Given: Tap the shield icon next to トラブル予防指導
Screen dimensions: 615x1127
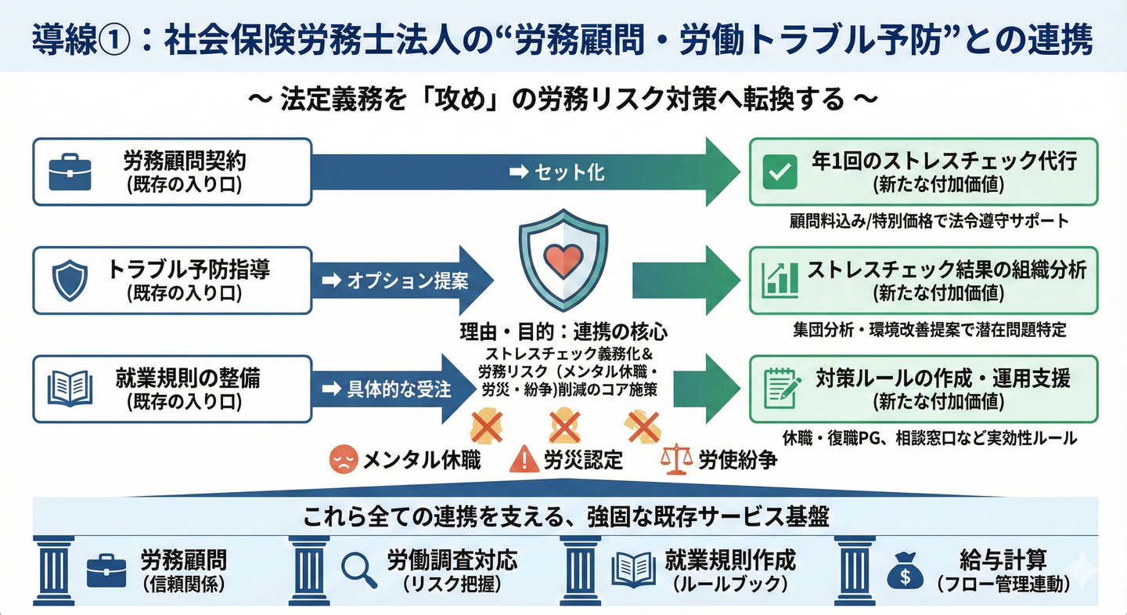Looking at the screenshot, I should (x=69, y=280).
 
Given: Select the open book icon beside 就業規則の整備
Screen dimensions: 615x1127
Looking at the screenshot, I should (x=70, y=388).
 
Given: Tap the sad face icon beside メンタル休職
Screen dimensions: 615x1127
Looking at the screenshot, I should (x=343, y=459).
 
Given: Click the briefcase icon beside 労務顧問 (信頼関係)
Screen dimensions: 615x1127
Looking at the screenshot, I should (x=106, y=571).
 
